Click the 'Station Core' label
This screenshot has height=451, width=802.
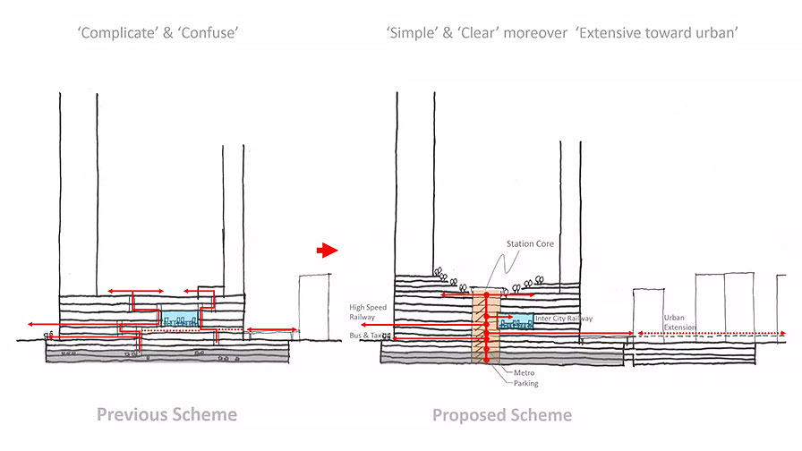[x=530, y=244]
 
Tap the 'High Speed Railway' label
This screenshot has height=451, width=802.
[x=368, y=312]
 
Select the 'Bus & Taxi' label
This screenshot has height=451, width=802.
[x=366, y=336]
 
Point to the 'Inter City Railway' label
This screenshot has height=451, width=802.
[x=564, y=319]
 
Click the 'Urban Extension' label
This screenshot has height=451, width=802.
[x=679, y=322]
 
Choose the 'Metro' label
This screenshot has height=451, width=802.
[x=524, y=373]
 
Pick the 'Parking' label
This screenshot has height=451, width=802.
[x=525, y=383]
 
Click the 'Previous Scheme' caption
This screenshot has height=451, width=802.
[x=166, y=414]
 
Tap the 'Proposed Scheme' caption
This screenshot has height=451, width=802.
[x=502, y=414]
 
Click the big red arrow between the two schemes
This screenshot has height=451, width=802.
[x=327, y=251]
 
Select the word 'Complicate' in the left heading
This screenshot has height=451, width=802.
[x=117, y=33]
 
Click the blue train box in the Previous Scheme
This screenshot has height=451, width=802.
[x=180, y=318]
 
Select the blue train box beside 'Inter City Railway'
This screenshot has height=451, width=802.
[x=516, y=320]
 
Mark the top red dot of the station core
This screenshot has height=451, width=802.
[x=486, y=295]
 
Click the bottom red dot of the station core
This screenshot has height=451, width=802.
[x=486, y=361]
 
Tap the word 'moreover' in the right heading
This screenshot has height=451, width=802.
[x=535, y=34]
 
